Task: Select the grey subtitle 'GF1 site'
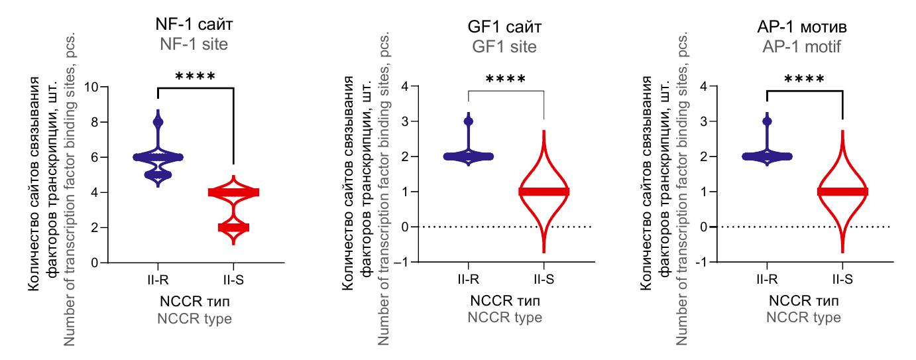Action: [x=506, y=47]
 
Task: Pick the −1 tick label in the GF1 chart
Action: [x=400, y=263]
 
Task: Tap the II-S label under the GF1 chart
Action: [x=544, y=281]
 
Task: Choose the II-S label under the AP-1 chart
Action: [x=842, y=281]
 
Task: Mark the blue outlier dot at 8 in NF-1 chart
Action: [x=158, y=122]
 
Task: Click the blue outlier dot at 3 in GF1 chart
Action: [x=469, y=121]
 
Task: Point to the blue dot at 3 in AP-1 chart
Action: [x=767, y=121]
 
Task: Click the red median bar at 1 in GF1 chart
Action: [x=544, y=192]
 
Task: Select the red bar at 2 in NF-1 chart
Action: [x=233, y=227]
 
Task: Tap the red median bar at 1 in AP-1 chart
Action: [x=842, y=192]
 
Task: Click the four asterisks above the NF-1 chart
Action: [x=195, y=77]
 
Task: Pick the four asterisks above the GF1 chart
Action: [x=506, y=80]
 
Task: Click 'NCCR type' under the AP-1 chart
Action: [x=805, y=318]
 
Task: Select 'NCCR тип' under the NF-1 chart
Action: [x=196, y=302]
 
